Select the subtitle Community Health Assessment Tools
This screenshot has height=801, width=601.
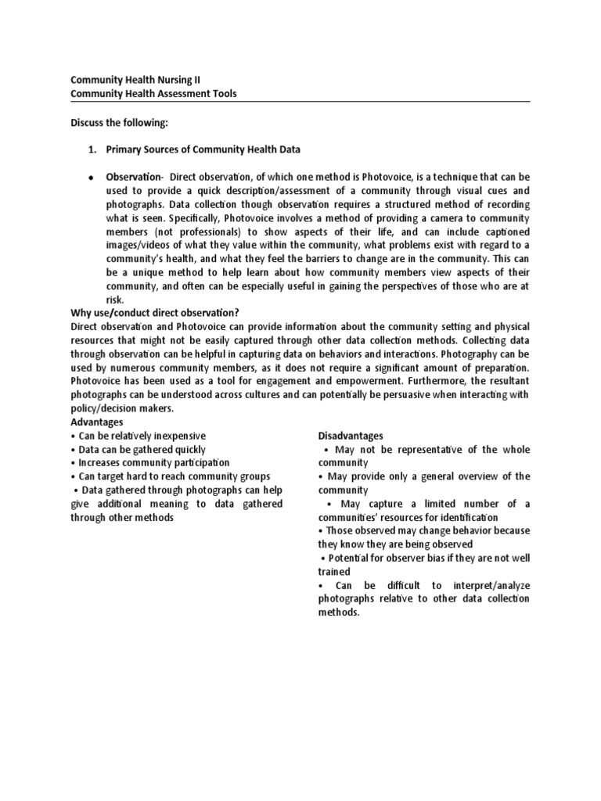(153, 94)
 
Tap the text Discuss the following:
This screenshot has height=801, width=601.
(119, 122)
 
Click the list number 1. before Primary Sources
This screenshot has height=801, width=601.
(92, 149)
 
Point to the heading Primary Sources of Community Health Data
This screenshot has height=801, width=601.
(203, 149)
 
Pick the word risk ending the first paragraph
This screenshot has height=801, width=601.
(115, 299)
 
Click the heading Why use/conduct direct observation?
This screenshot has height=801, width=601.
(155, 313)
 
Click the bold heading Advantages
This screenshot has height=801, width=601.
(99, 422)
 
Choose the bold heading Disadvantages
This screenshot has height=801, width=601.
(351, 436)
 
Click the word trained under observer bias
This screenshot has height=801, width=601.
(334, 572)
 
